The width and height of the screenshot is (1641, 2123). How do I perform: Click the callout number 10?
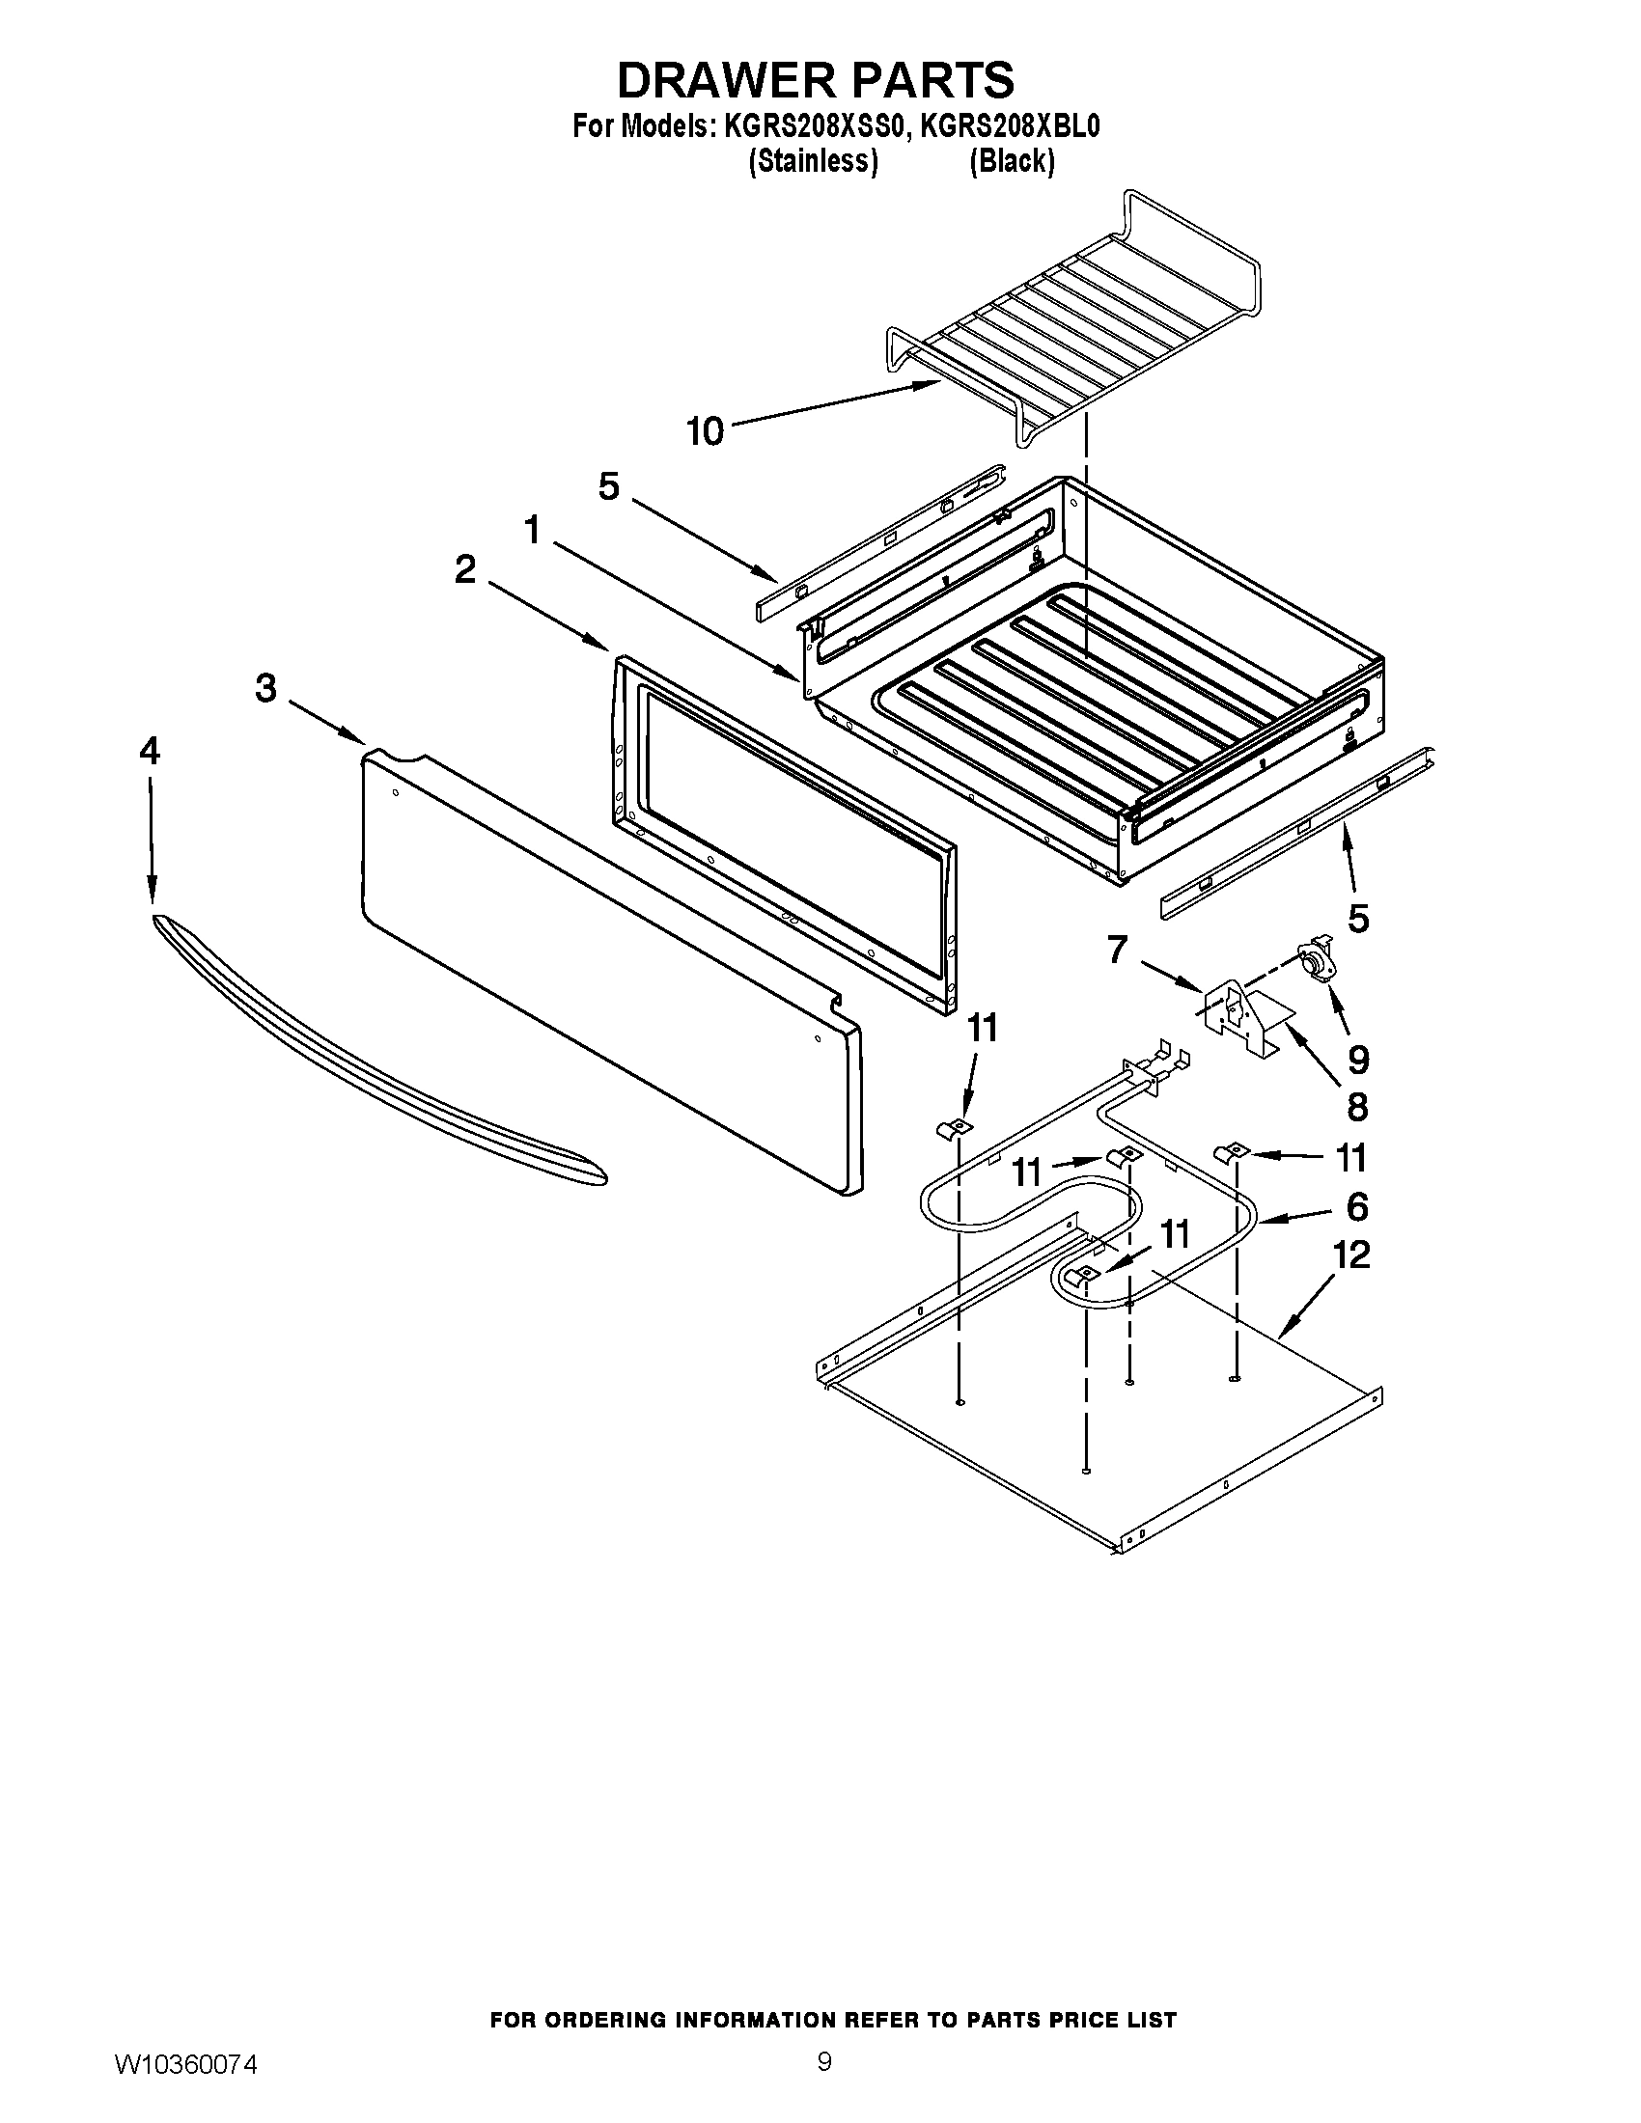coord(706,430)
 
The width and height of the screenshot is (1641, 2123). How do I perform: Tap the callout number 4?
coord(149,752)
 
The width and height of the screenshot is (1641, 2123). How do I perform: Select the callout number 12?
coord(1351,1254)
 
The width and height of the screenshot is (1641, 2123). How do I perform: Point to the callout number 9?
coord(1357,1060)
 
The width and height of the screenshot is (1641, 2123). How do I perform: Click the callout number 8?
coord(1357,1107)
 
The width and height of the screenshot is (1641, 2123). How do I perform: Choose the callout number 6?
coord(1357,1206)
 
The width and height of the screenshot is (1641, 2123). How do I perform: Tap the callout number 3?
coord(265,689)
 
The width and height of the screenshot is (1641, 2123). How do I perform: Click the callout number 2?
coord(465,569)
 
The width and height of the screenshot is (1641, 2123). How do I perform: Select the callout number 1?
coord(532,531)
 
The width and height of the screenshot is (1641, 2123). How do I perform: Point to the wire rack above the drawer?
coord(1070,320)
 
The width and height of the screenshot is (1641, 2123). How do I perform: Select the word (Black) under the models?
coord(1011,161)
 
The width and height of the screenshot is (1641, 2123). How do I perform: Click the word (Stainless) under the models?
coord(813,161)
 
